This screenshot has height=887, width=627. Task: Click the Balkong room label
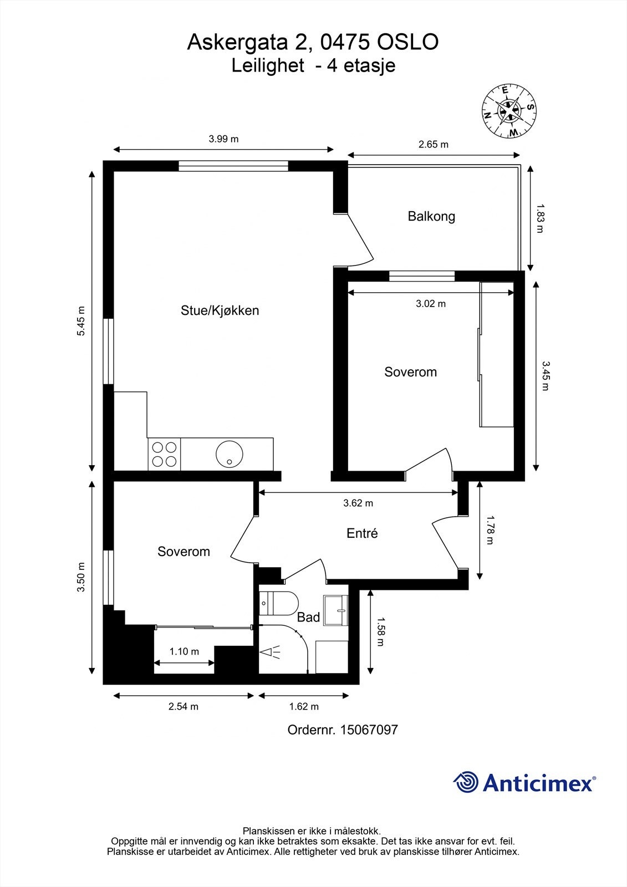pos(431,217)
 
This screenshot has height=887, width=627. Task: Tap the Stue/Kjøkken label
pos(220,310)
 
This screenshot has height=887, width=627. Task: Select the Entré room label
pos(362,533)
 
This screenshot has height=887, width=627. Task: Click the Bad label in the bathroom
pos(308,617)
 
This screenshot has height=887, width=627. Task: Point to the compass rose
pos(509,111)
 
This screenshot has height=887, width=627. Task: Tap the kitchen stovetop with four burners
pos(165,454)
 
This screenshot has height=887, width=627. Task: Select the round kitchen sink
pos(230,454)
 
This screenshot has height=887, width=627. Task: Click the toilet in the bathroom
pos(278,604)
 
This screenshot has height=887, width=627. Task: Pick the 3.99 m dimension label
pos(224,139)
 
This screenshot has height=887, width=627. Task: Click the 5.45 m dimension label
pos(81,321)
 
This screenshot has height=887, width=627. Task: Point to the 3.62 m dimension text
pos(358,503)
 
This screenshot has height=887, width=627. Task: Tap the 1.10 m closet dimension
pos(184,651)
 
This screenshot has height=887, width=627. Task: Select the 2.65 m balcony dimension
pos(434,145)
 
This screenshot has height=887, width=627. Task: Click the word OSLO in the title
pos(407,42)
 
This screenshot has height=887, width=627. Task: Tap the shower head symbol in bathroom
pos(270,652)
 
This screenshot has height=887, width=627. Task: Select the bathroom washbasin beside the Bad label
pos(335,610)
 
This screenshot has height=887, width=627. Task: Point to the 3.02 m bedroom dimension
pos(431,304)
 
